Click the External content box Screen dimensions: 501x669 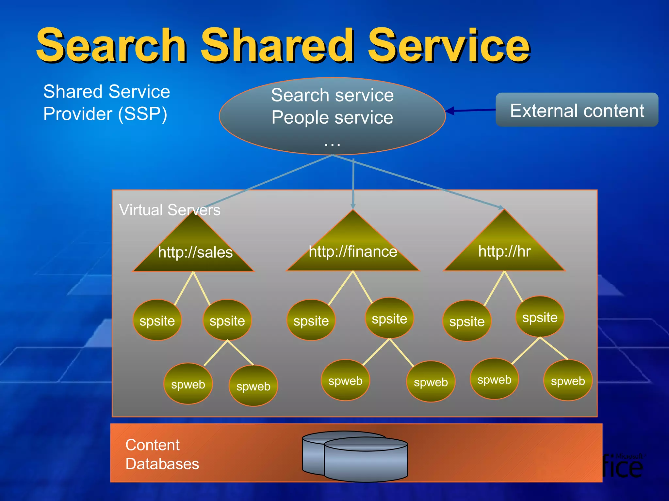pos(577,110)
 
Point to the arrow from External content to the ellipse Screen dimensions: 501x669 pos(470,111)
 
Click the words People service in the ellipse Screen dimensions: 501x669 pos(332,117)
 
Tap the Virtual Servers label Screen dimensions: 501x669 pos(170,210)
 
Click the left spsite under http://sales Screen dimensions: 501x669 pos(157,320)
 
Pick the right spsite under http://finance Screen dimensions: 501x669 pos(389,318)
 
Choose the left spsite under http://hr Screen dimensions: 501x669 pos(467,321)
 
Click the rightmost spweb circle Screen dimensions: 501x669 pos(568,380)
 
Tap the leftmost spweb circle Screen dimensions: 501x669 pos(188,384)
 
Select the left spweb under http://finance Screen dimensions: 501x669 pos(345,380)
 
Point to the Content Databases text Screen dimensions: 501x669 pos(162,454)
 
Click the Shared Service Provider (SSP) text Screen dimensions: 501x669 pos(106,102)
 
